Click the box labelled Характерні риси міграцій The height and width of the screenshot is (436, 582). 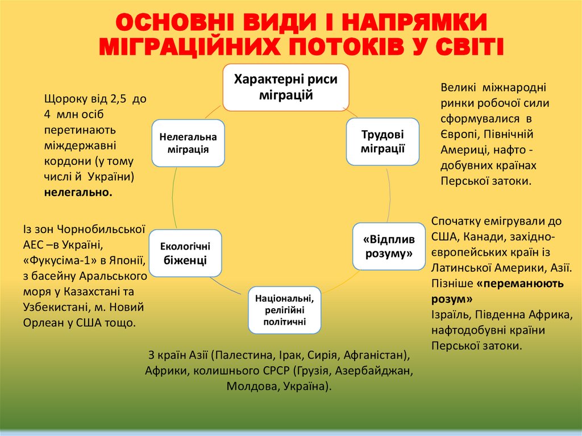[x=286, y=87]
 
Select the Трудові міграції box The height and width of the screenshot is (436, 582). [x=383, y=142]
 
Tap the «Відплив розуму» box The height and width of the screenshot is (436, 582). [x=389, y=246]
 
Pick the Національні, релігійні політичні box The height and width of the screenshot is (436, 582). [x=285, y=310]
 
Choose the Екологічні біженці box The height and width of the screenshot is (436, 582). [x=185, y=254]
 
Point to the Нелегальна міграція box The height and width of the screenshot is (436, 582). [x=188, y=143]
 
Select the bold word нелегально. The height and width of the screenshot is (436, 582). [x=78, y=193]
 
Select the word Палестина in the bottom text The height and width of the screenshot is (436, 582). [x=242, y=356]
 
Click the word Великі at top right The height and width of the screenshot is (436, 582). [x=459, y=88]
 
